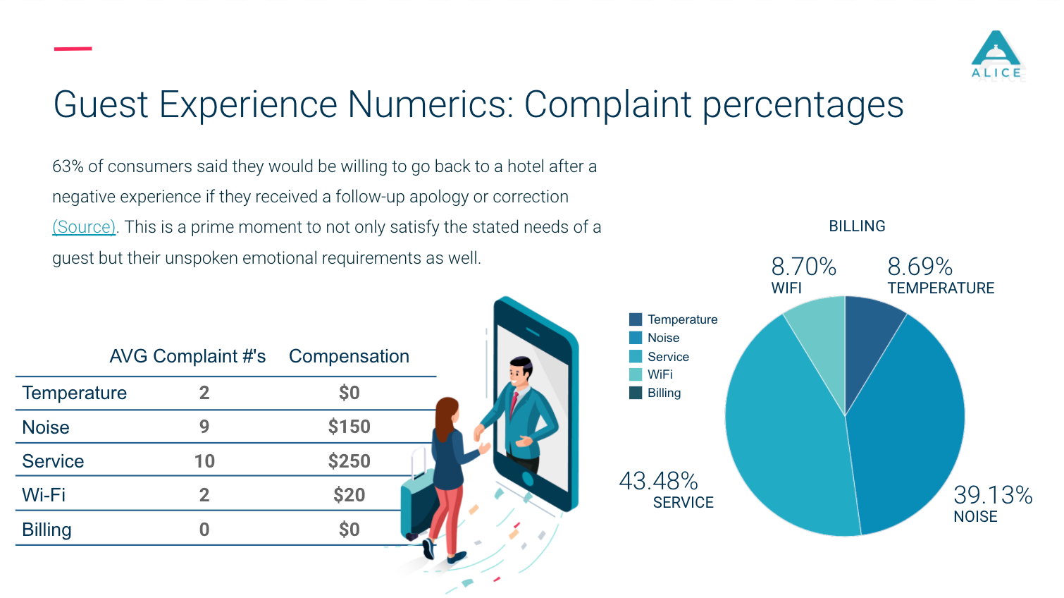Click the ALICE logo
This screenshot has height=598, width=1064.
coord(996,55)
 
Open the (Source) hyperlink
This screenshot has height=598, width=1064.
coord(84,227)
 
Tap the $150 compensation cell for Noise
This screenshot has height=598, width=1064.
coord(349,427)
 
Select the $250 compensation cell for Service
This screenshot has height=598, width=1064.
coord(349,461)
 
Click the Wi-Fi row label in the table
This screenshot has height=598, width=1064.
coord(44,495)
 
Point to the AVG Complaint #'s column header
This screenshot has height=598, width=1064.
coord(187,356)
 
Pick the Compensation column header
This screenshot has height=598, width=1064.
coord(349,356)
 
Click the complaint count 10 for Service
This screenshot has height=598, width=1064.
coord(204,461)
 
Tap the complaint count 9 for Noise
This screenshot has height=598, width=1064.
coord(204,427)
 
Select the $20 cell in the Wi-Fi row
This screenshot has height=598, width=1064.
coord(349,495)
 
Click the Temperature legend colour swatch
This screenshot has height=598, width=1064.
coord(636,319)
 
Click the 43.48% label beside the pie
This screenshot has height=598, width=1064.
coord(658,481)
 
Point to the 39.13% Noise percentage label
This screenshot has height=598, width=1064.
coord(992,495)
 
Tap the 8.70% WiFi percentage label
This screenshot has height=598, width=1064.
coord(803,267)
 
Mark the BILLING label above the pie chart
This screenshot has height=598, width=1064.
coord(857,226)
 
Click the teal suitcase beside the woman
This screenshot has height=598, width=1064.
coord(415,505)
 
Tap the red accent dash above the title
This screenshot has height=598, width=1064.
coord(73,49)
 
